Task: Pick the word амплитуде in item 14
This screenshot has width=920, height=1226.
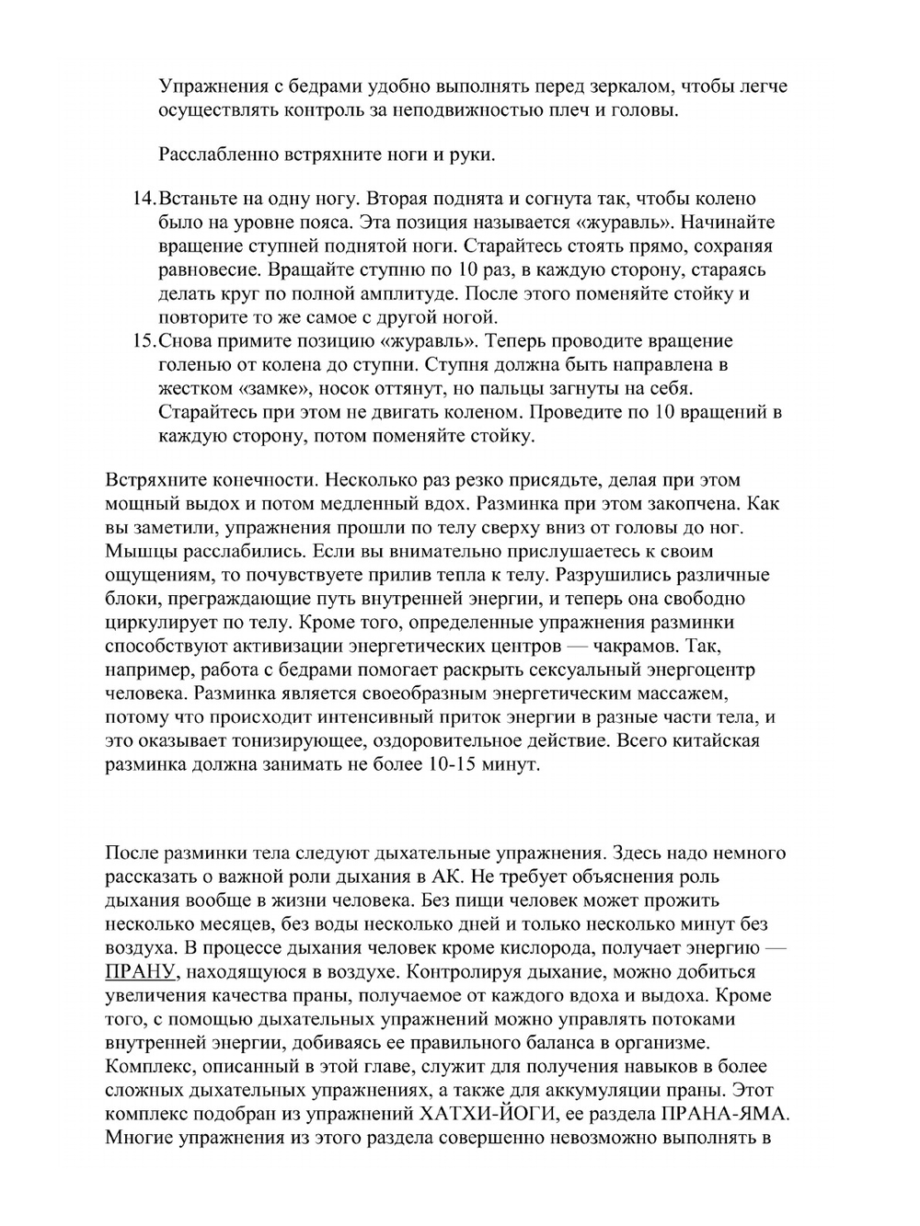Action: pyautogui.click(x=414, y=294)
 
